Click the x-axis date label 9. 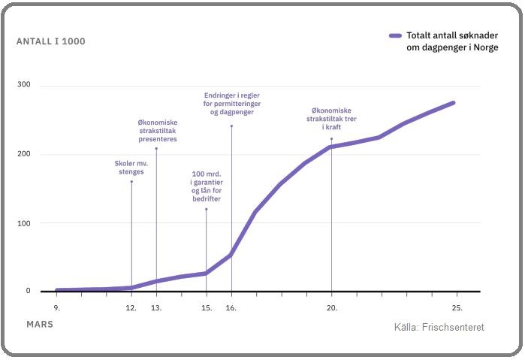(x=56, y=307)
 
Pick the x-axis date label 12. (x=131, y=307)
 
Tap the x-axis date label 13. (x=156, y=307)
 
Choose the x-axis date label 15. (x=207, y=307)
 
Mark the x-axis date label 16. (x=231, y=307)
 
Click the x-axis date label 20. (x=331, y=307)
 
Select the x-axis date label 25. (x=457, y=307)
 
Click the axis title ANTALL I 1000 (x=50, y=41)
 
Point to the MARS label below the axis (x=40, y=324)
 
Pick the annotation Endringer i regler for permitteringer (x=231, y=104)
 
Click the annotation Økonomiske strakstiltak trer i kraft (x=331, y=119)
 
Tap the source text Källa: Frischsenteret (x=439, y=328)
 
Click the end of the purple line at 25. (x=454, y=103)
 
